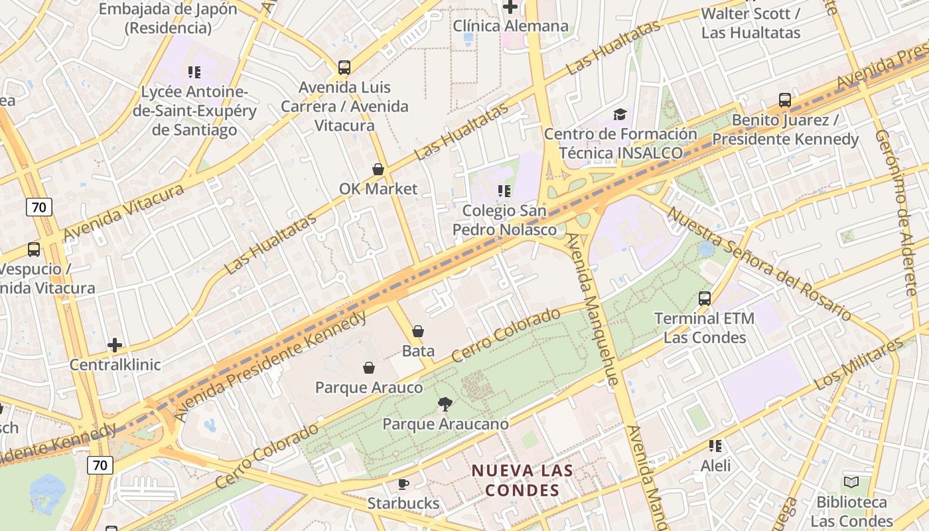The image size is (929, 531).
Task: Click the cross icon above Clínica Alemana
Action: (x=510, y=7)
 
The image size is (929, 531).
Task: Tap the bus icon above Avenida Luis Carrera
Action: (x=344, y=67)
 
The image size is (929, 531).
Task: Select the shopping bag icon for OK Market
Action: (x=378, y=169)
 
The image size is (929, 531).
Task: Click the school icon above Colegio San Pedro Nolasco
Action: (x=504, y=191)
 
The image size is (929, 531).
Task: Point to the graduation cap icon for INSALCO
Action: (x=620, y=114)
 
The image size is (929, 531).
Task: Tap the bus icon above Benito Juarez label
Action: (x=785, y=100)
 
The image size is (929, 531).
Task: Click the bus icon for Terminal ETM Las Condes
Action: (x=705, y=299)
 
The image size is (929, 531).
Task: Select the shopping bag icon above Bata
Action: (x=418, y=331)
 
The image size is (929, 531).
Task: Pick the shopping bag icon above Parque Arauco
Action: (x=369, y=367)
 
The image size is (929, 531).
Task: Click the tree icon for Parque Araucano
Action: (x=445, y=404)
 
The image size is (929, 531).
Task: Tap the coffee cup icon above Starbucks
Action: (x=403, y=484)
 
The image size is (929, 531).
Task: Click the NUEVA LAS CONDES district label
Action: (x=522, y=481)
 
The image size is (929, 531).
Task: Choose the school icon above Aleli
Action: (x=715, y=445)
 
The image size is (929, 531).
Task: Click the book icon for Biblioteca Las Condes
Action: (x=851, y=483)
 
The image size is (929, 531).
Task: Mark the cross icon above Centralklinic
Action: (x=115, y=345)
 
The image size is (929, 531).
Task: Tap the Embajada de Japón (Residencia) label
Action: (x=168, y=19)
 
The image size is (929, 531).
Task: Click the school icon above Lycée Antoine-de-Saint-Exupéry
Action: (x=194, y=72)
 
